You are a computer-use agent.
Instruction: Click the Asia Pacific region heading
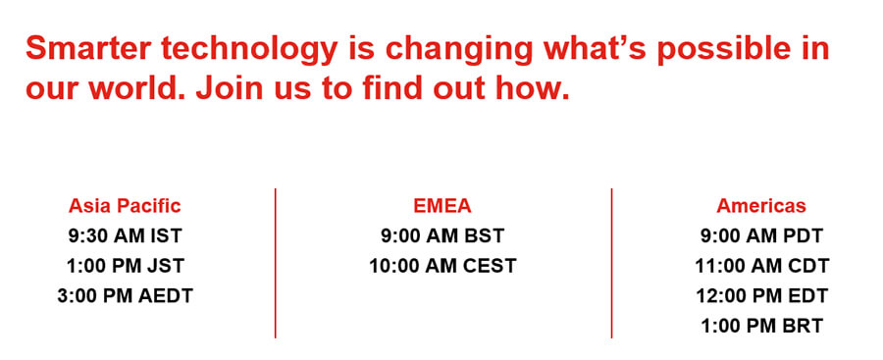click(125, 206)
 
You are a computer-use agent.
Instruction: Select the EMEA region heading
click(442, 206)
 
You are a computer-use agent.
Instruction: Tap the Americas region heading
click(761, 206)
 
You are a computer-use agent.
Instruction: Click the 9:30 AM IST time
click(125, 236)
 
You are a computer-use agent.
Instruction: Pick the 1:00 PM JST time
click(125, 266)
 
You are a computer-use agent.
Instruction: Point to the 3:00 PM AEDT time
click(125, 296)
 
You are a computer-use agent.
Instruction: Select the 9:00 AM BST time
click(442, 236)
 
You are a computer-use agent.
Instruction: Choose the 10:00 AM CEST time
click(442, 266)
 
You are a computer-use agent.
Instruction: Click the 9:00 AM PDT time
click(761, 236)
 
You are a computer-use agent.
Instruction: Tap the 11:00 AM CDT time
click(762, 266)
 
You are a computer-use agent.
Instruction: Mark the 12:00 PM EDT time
click(762, 296)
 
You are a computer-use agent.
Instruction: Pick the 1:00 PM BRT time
click(762, 326)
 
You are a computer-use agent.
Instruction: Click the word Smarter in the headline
click(88, 48)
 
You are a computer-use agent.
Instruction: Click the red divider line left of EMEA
click(276, 263)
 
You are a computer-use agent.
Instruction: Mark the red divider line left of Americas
click(611, 263)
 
